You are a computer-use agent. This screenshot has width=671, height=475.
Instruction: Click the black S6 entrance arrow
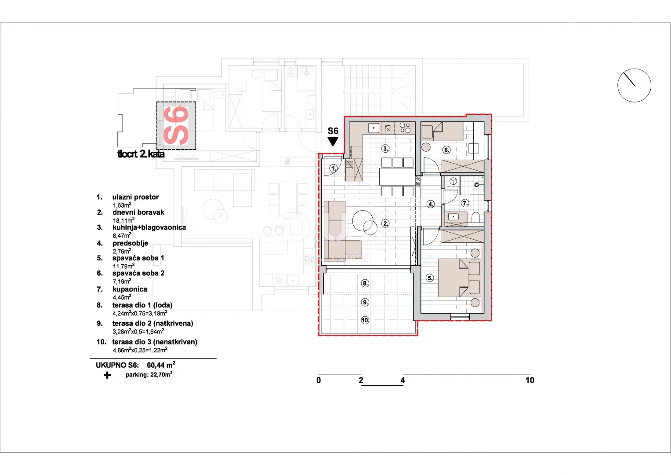333,141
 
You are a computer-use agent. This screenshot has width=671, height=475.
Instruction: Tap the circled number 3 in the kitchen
385,148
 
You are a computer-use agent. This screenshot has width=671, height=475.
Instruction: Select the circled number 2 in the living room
385,223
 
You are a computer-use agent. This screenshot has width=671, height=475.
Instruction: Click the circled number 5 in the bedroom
430,278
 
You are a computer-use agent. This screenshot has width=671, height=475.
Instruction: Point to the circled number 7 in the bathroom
465,203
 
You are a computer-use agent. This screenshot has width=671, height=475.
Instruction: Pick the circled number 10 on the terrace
365,320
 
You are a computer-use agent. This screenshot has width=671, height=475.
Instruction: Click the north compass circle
634,85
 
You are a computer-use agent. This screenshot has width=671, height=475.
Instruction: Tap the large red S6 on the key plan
176,125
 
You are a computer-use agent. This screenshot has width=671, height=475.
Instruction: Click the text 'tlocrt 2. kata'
141,154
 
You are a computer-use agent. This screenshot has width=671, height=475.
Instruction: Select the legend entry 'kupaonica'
130,289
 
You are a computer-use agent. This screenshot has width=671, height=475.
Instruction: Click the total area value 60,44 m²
161,365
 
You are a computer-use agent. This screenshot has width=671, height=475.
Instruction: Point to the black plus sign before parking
107,375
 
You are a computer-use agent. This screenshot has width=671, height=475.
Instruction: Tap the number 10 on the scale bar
530,380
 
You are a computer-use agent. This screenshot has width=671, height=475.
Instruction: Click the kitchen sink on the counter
374,128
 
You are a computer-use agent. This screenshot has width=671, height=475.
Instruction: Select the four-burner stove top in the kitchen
405,128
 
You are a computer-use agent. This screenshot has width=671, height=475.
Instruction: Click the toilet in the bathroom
476,217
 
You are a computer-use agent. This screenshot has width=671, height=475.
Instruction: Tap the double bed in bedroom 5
460,278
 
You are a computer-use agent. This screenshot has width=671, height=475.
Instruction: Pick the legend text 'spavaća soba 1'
138,258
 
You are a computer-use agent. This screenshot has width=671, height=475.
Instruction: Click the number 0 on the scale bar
319,380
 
